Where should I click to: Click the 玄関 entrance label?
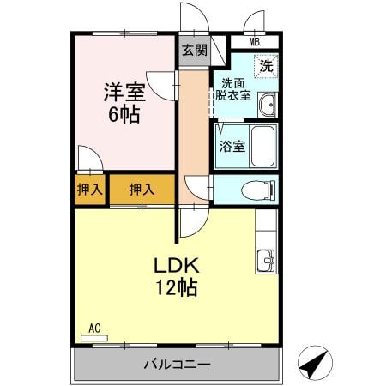point(194,51)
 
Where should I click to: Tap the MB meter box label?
point(255,42)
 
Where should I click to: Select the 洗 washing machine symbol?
point(267,65)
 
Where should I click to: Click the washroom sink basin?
point(268,106)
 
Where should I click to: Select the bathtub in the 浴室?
point(263,146)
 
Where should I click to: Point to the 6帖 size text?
point(124,114)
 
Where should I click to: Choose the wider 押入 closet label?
point(143,190)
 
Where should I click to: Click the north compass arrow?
point(315,364)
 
